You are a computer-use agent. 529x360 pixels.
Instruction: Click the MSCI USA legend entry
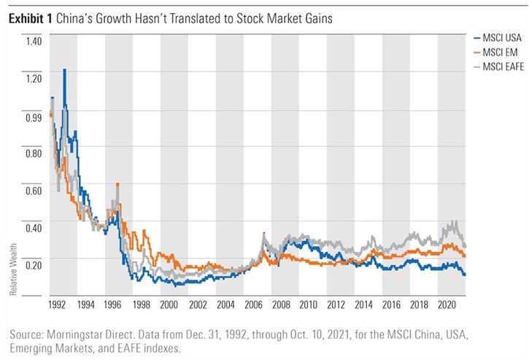[x=498, y=37]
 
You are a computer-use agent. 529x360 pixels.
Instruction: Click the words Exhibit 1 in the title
[x=28, y=15]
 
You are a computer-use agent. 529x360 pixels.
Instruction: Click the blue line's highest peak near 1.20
[x=65, y=69]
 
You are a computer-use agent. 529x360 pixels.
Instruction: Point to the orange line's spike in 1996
[x=117, y=184]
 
